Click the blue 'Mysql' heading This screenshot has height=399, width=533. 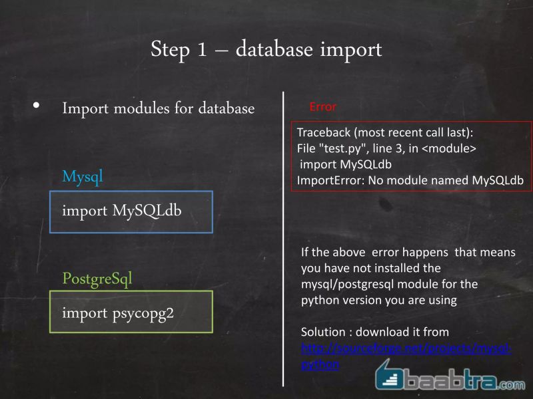tap(83, 177)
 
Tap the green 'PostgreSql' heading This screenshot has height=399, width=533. tap(97, 278)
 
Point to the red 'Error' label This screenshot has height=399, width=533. tap(323, 106)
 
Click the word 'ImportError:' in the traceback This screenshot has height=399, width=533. tap(329, 180)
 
